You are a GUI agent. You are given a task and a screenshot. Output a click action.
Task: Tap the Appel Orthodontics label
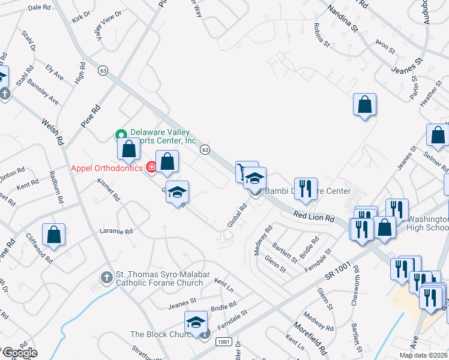106,168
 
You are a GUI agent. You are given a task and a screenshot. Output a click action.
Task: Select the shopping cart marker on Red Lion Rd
245,172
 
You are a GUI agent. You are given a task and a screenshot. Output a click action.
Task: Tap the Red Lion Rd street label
313,217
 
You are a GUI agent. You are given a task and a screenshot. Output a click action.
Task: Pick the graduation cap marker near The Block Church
196,323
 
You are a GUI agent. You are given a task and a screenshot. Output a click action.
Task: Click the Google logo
19,353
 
